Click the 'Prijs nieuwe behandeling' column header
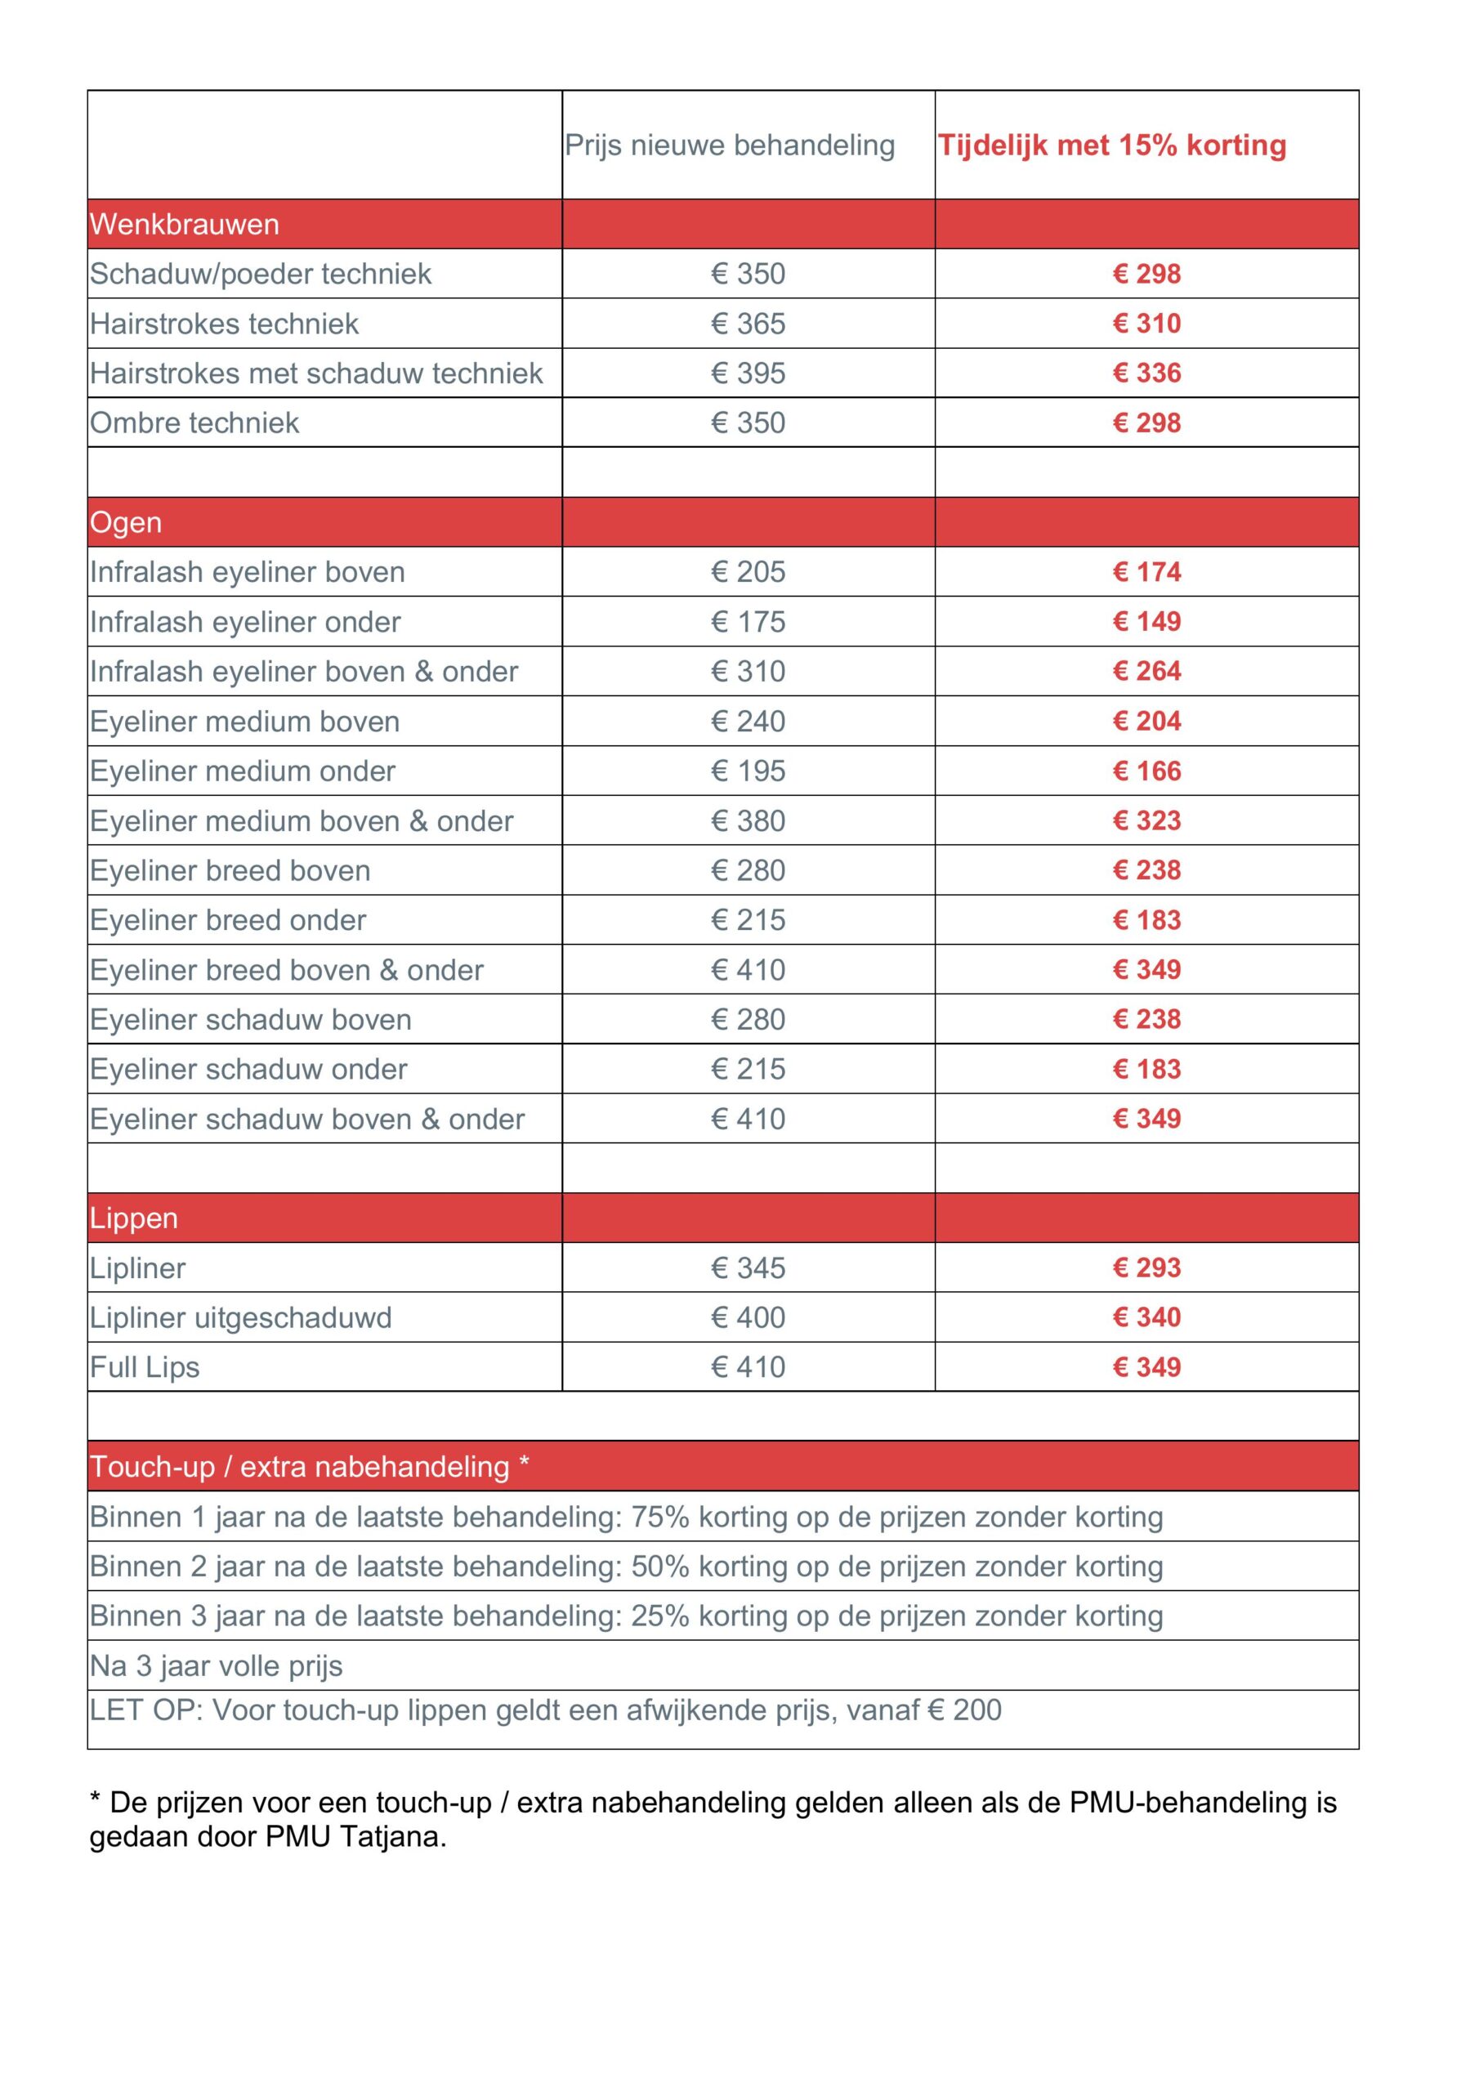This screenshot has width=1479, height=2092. [x=729, y=145]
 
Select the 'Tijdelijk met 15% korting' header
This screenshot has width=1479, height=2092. [x=1112, y=145]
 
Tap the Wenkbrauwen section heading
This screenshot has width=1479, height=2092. [x=184, y=224]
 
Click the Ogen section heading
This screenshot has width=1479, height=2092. [x=126, y=522]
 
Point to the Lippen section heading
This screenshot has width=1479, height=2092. [x=133, y=1218]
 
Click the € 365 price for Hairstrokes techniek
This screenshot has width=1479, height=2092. [x=748, y=324]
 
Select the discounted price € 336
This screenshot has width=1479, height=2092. [x=1146, y=373]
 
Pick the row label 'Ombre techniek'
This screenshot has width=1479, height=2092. [x=194, y=422]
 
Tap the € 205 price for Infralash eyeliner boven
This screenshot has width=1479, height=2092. [x=748, y=572]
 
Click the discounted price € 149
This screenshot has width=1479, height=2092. [x=1146, y=621]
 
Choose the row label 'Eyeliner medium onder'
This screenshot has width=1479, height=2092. [x=243, y=771]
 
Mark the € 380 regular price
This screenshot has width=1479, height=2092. [x=748, y=821]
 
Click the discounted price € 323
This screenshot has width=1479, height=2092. [x=1146, y=821]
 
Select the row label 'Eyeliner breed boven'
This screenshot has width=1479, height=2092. [x=230, y=870]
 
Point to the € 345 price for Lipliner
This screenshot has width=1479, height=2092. [x=748, y=1267]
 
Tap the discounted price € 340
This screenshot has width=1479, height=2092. [x=1146, y=1317]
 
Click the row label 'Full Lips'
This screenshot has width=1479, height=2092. [x=144, y=1366]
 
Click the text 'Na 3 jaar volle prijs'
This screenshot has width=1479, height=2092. [x=216, y=1665]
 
